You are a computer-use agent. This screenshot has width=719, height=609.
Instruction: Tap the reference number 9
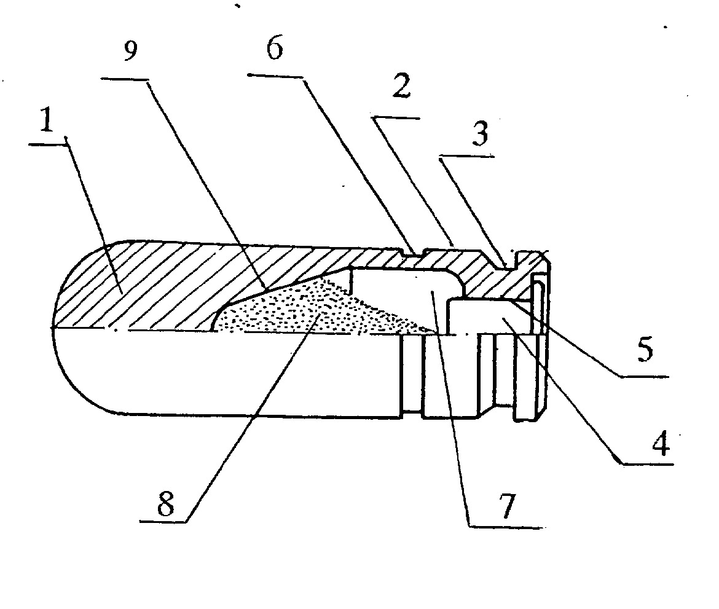131,50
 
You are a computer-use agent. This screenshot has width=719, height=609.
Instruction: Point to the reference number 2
402,86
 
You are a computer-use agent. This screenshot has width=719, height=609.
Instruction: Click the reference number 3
479,134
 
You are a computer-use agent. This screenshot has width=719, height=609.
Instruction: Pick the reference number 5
645,350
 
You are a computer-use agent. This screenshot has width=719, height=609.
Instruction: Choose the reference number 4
661,444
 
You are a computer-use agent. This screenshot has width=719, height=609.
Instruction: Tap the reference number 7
506,506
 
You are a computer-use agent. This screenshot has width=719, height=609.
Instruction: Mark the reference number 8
165,504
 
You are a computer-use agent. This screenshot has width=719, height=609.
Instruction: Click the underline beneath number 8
163,521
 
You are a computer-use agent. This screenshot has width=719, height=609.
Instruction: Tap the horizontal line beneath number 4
647,464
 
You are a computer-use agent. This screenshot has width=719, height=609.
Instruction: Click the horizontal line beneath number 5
644,377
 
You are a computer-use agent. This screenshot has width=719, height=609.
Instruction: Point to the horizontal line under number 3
467,157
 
